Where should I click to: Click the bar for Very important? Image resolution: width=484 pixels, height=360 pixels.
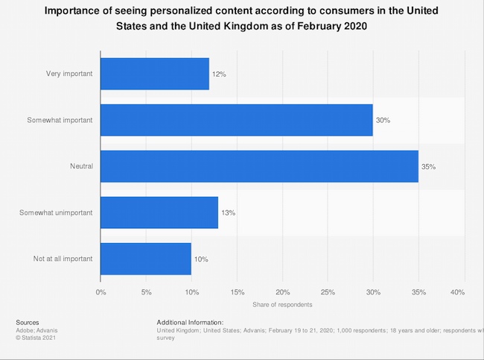[x=154, y=74]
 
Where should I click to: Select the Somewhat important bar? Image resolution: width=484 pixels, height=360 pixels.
[x=236, y=120]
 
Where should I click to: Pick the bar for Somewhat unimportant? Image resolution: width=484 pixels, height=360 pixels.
[x=159, y=212]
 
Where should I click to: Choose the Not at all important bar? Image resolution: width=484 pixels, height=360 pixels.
[x=145, y=259]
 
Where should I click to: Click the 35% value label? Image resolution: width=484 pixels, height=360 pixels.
[x=428, y=166]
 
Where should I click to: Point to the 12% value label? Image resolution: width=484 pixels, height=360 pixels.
[x=220, y=74]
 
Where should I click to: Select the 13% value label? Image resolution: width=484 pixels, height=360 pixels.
[x=229, y=212]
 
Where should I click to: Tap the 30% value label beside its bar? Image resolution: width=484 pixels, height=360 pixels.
[x=383, y=120]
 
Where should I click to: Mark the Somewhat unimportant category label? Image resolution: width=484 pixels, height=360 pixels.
[x=56, y=212]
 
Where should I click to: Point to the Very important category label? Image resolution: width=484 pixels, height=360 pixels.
[x=69, y=74]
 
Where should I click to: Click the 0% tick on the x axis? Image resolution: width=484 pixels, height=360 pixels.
[x=101, y=291]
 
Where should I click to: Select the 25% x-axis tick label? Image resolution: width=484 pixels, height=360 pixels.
[x=328, y=291]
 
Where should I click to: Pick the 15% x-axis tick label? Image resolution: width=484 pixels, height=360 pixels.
[x=237, y=291]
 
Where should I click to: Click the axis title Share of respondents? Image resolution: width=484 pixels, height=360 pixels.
[x=282, y=304]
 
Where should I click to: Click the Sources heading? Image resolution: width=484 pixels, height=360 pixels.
[x=28, y=322]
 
